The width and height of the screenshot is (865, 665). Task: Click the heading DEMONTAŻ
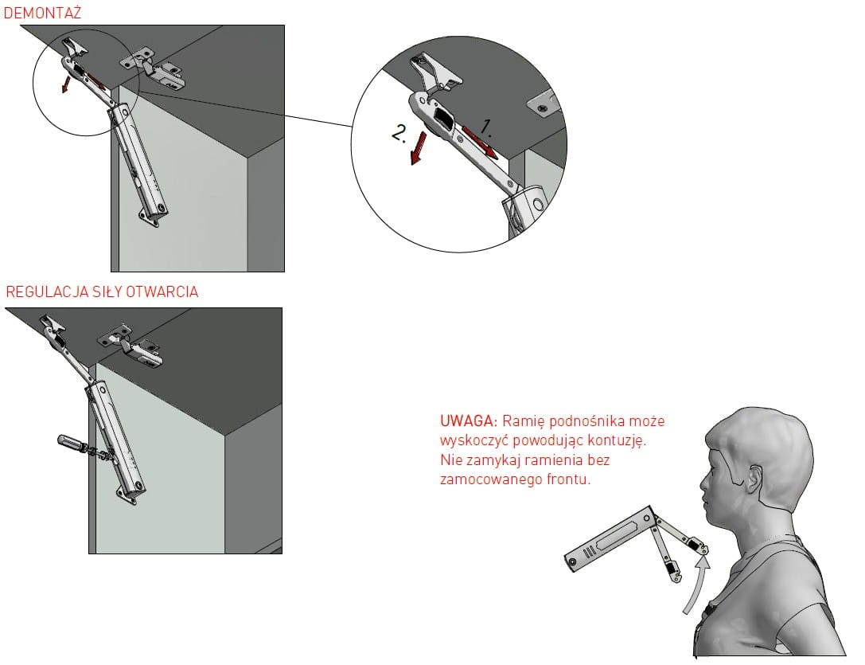point(42,13)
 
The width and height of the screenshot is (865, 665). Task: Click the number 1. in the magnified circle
point(485,127)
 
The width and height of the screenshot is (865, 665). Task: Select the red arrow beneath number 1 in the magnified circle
point(480,143)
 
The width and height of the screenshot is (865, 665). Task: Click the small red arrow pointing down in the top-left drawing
point(65,84)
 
